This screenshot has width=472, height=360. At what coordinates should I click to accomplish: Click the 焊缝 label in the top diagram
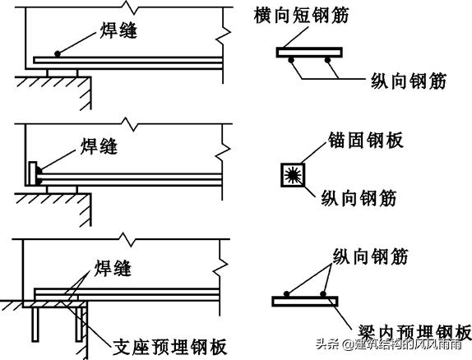tap(118, 30)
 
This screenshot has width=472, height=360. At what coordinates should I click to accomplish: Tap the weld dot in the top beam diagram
tap(58, 54)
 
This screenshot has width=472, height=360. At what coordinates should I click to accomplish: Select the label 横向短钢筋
tap(301, 15)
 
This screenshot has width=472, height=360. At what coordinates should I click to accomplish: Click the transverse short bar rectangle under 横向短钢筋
tap(309, 53)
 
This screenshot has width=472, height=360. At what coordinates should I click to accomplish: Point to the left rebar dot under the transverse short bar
tap(291, 60)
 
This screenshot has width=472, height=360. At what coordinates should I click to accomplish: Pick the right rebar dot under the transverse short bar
tap(327, 60)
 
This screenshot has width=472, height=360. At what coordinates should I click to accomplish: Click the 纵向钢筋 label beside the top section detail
tap(408, 81)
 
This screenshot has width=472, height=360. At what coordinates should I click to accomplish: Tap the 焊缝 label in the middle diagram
tap(99, 146)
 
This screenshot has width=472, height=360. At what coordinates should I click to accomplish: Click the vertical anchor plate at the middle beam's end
tap(33, 173)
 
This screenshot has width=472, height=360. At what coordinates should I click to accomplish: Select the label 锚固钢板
tap(365, 140)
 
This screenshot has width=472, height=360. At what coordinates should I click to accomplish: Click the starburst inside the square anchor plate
tap(293, 175)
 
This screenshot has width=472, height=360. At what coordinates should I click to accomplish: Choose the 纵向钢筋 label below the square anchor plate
tap(359, 198)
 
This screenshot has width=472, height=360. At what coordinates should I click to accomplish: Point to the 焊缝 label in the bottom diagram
tap(113, 268)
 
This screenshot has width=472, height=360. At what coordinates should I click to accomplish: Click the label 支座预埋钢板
tap(169, 347)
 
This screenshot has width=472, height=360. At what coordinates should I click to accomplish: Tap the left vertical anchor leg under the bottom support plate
tap(35, 325)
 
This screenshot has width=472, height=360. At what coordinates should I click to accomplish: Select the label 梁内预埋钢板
tap(414, 333)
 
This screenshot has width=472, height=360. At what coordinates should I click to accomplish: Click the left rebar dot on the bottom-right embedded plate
tap(286, 293)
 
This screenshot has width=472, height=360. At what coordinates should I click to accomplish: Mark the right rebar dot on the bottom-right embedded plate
tap(323, 293)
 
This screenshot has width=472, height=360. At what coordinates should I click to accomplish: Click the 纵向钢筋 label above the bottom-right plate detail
tap(370, 256)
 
